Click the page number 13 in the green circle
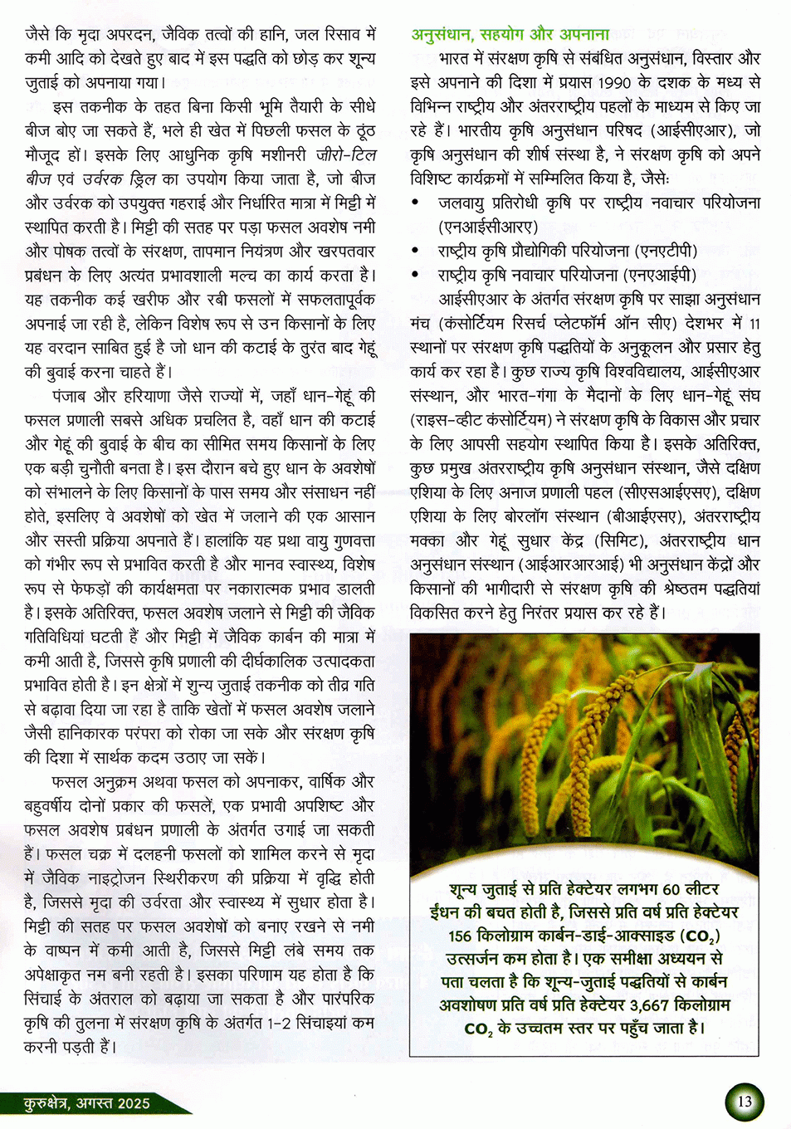click(x=744, y=1102)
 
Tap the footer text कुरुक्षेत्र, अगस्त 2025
click(x=87, y=1103)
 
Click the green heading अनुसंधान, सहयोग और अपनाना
click(x=510, y=34)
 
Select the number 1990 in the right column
click(x=614, y=82)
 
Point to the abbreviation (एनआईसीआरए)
click(x=488, y=227)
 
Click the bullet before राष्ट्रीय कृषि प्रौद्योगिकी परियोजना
click(x=416, y=251)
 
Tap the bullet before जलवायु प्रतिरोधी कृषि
click(x=416, y=203)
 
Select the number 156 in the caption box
click(x=460, y=936)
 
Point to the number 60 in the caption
click(x=671, y=889)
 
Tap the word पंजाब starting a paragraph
click(x=76, y=395)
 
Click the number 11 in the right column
click(x=754, y=323)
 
